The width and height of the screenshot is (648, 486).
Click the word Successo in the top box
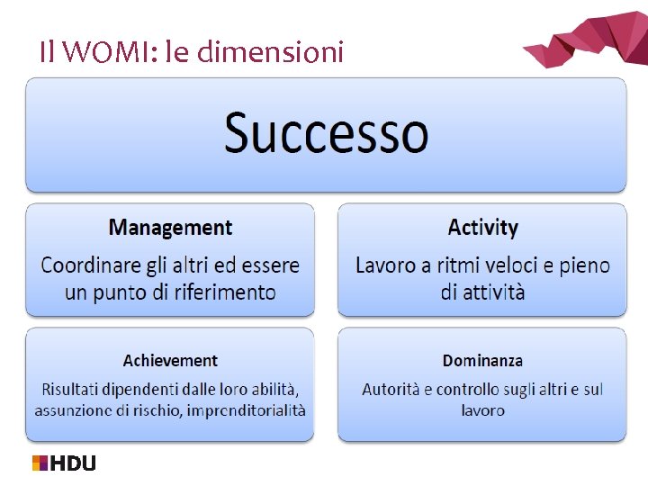point(326,133)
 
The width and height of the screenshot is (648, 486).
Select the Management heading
point(170,228)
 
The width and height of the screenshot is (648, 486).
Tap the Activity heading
point(482,228)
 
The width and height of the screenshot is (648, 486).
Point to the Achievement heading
point(170,361)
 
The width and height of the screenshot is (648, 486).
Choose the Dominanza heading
point(482,361)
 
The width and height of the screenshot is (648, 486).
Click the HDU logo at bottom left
point(64,463)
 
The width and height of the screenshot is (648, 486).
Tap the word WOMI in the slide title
point(97,53)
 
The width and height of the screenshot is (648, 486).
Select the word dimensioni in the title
point(269,53)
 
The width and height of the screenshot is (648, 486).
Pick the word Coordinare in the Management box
point(89,266)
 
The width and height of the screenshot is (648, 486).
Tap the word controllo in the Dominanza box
point(468,390)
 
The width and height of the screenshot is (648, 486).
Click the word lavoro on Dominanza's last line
point(482,410)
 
